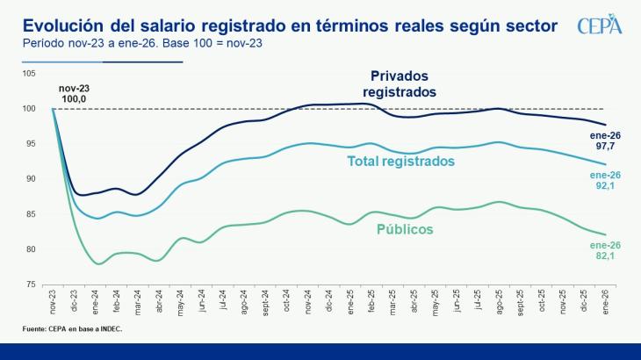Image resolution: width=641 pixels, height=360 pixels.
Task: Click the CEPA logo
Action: pos(600,26)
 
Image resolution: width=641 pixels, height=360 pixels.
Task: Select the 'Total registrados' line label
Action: pos(400,162)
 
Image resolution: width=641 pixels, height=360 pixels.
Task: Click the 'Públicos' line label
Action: pos(405,229)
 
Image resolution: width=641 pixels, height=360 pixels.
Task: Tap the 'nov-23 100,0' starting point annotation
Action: pos(75,94)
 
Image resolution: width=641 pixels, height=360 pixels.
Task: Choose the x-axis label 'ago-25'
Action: pos(498,303)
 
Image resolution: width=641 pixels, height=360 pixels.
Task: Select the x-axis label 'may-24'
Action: pos(181,303)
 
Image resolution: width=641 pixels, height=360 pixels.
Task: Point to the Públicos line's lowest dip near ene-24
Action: pos(98,263)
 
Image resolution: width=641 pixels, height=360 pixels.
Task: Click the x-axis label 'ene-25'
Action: pos(350,303)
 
